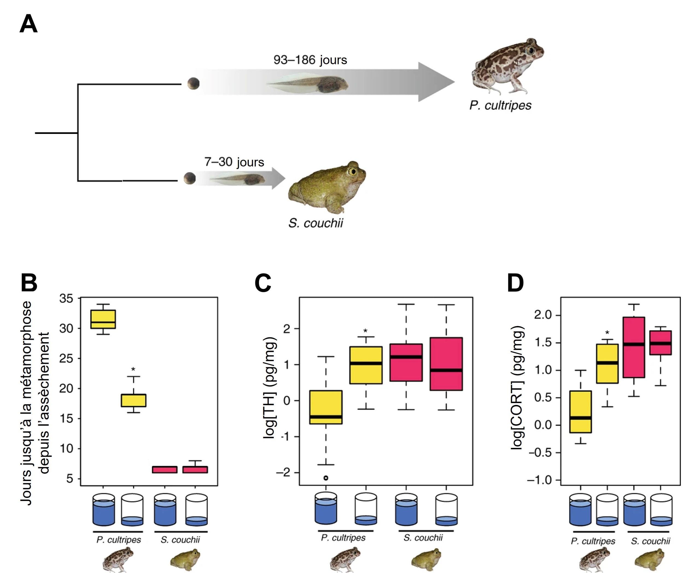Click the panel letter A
click(28, 24)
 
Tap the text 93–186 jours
click(310, 60)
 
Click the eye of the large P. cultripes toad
click(530, 51)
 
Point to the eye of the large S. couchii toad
click(353, 171)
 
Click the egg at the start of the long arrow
click(194, 84)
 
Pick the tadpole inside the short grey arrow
click(238, 180)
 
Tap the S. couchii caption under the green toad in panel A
click(316, 224)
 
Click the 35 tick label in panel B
click(66, 298)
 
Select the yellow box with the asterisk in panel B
click(133, 400)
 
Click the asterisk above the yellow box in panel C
click(365, 331)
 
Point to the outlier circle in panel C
click(326, 478)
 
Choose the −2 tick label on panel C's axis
click(283, 473)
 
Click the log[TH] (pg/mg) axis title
click(270, 387)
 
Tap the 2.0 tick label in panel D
click(543, 315)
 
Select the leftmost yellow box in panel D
click(581, 412)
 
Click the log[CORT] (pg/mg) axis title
click(517, 387)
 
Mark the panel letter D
click(515, 283)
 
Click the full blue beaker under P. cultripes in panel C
click(326, 509)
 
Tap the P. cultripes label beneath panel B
click(119, 540)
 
